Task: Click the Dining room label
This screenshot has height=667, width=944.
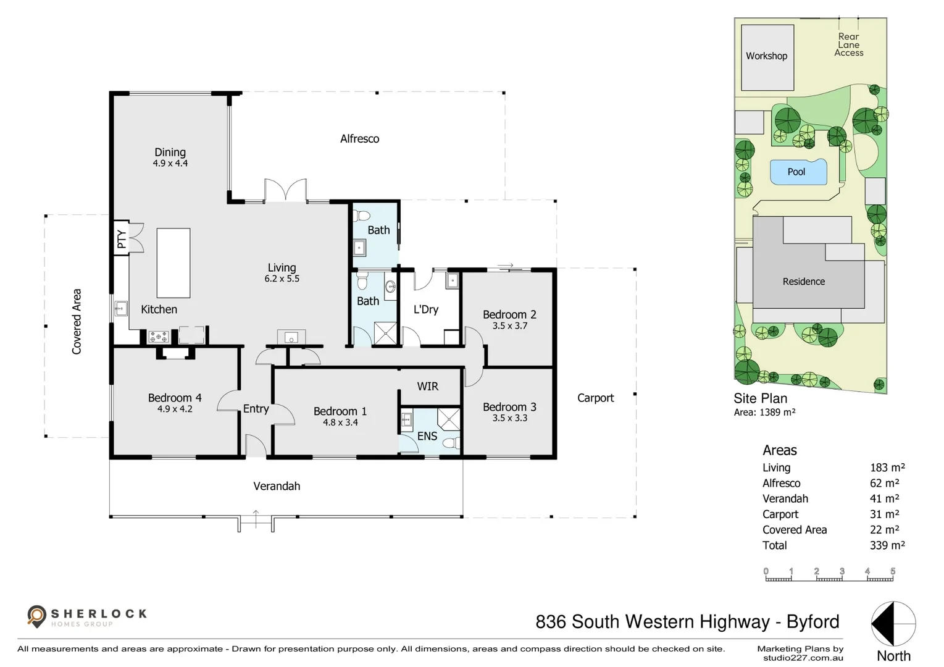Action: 170,152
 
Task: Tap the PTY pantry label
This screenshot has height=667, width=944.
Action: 122,238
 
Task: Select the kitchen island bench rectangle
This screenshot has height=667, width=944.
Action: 173,263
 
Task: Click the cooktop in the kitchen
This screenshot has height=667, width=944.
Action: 158,337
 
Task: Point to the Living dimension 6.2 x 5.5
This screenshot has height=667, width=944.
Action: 282,279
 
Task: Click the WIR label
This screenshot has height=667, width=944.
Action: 427,387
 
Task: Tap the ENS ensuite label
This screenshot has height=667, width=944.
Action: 427,436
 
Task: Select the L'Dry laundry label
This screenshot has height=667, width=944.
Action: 426,309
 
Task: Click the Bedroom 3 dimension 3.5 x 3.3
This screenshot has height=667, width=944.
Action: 509,418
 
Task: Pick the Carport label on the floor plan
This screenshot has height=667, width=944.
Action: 595,398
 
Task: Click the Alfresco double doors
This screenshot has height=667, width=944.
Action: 285,190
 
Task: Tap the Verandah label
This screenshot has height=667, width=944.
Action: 277,487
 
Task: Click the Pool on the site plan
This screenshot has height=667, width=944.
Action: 798,172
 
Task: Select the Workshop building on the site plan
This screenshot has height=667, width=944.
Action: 767,57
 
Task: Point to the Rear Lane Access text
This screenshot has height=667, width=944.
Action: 848,45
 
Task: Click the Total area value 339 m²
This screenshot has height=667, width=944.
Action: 887,545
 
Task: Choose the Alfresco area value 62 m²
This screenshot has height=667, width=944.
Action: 884,484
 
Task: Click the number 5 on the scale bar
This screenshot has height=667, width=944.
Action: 892,572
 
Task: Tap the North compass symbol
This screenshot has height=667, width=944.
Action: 893,624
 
